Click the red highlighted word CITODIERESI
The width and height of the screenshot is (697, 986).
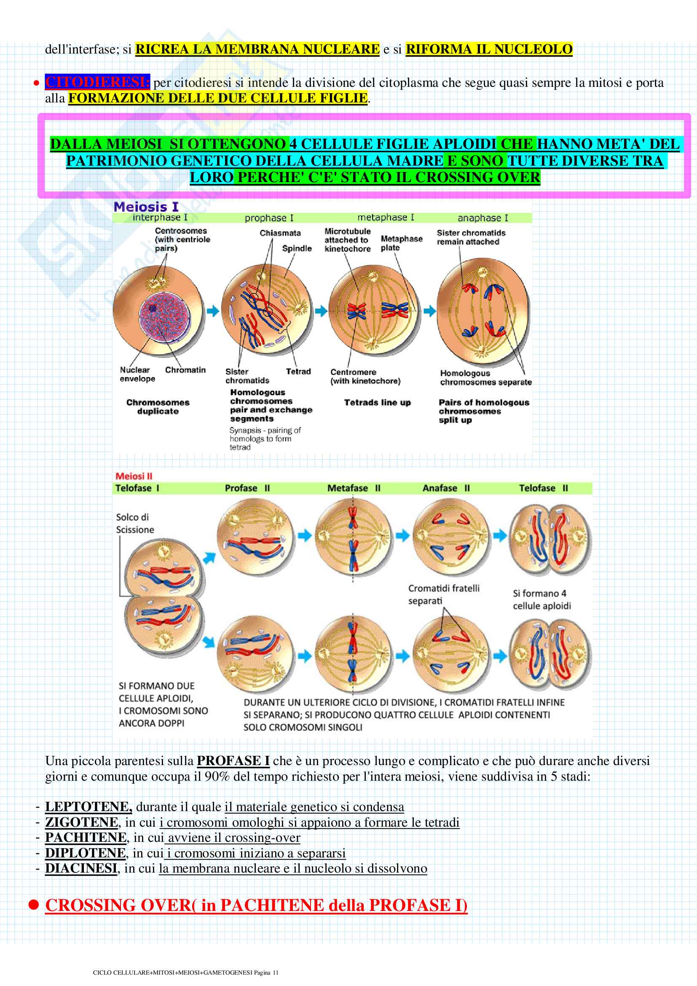click(x=97, y=82)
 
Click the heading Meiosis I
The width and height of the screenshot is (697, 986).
click(x=146, y=207)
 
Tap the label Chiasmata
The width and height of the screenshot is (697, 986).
click(x=280, y=233)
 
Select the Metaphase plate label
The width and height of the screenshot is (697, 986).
click(x=401, y=243)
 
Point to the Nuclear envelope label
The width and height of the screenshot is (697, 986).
click(x=137, y=374)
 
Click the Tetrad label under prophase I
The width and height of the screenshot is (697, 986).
click(x=298, y=371)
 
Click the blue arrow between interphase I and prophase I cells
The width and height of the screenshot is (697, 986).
click(x=213, y=311)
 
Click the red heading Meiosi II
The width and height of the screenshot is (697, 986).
click(x=134, y=476)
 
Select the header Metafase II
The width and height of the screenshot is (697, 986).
click(x=354, y=488)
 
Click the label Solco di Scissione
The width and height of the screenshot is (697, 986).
click(x=135, y=523)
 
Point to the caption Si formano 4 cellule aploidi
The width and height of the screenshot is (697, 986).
click(x=542, y=599)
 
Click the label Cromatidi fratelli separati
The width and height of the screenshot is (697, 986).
click(x=443, y=594)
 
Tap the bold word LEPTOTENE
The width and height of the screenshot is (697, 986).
click(x=88, y=807)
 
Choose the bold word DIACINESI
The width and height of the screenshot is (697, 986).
click(x=81, y=868)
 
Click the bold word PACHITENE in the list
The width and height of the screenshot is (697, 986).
click(x=86, y=838)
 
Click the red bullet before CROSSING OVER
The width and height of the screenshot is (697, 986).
click(x=33, y=905)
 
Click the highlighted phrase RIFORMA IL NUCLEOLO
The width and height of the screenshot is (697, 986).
click(x=489, y=49)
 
